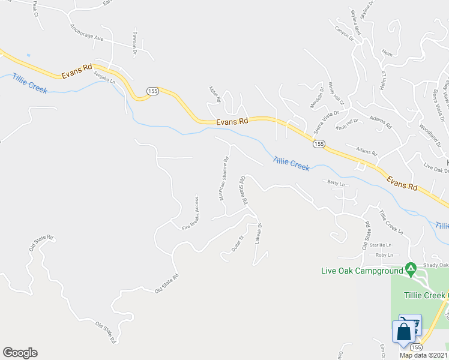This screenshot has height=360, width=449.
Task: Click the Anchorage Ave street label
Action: point(87,33)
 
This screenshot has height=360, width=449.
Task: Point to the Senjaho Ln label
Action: point(104,78)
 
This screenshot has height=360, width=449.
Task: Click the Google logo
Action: point(20,352)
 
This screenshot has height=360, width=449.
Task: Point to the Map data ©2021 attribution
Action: point(424,355)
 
